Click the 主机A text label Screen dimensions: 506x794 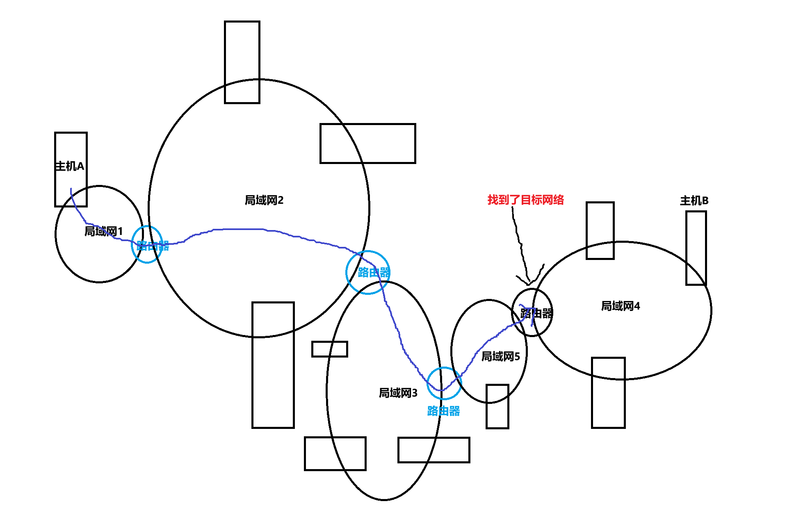69,166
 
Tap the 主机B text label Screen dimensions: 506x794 694,201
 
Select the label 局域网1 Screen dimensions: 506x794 103,231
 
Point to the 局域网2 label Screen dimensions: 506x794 264,200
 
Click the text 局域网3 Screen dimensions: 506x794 398,393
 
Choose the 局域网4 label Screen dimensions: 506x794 620,306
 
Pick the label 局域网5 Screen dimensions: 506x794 500,356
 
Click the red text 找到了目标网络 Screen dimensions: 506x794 525,200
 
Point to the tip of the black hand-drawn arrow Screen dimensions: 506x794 529,283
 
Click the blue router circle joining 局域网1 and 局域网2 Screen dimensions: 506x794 147,244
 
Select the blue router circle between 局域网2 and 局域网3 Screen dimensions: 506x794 368,272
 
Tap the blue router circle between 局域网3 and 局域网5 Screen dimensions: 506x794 444,383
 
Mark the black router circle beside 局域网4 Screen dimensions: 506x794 532,312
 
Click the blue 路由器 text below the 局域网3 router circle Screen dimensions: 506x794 443,411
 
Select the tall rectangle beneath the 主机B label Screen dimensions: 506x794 696,248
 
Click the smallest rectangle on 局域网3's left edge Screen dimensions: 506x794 329,349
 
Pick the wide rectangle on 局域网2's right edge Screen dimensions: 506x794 367,144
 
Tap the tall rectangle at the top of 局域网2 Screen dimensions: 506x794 242,62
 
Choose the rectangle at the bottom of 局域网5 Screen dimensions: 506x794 497,406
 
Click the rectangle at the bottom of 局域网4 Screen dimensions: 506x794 608,393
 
